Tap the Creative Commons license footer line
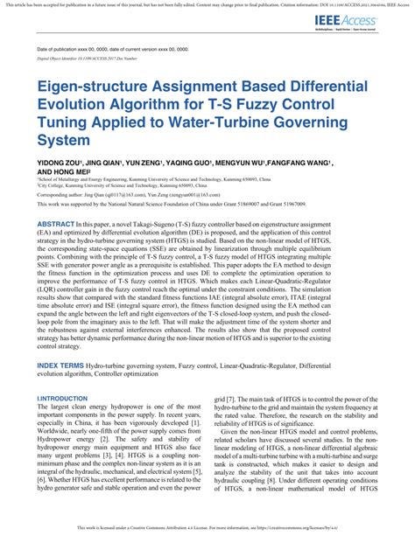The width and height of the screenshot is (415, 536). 207,529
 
